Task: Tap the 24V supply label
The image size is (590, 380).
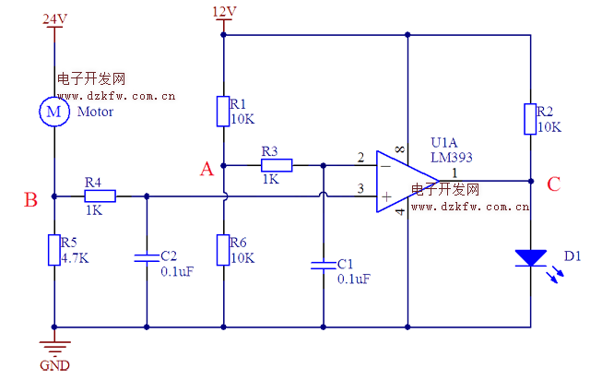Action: [x=55, y=18]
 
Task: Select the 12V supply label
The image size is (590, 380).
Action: [x=224, y=12]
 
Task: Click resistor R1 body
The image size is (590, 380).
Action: [x=224, y=111]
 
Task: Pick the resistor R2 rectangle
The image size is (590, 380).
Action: [x=531, y=118]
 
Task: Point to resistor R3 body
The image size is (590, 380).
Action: [x=277, y=166]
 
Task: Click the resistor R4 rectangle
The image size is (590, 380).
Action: [x=100, y=196]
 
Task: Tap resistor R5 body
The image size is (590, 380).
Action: [x=54, y=250]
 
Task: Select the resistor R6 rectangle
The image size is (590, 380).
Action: [x=224, y=249]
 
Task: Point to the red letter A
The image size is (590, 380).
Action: [x=206, y=169]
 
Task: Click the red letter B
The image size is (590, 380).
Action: [x=30, y=199]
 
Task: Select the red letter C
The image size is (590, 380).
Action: [x=553, y=184]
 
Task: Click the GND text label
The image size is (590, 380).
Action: [x=54, y=364]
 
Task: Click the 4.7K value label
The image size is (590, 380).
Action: [x=75, y=258]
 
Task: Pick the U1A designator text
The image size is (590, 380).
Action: [x=443, y=143]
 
